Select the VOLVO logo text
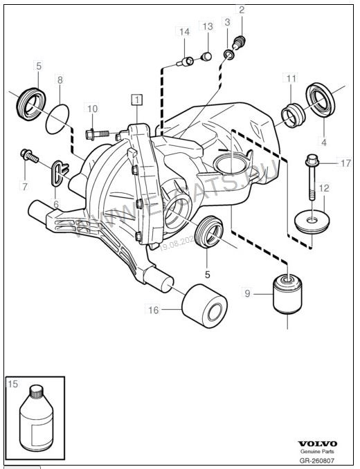[x=318, y=443]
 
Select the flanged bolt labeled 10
[x=96, y=131]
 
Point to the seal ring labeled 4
[x=319, y=99]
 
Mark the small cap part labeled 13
[x=206, y=55]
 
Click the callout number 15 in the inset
[x=12, y=383]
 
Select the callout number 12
[x=324, y=187]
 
